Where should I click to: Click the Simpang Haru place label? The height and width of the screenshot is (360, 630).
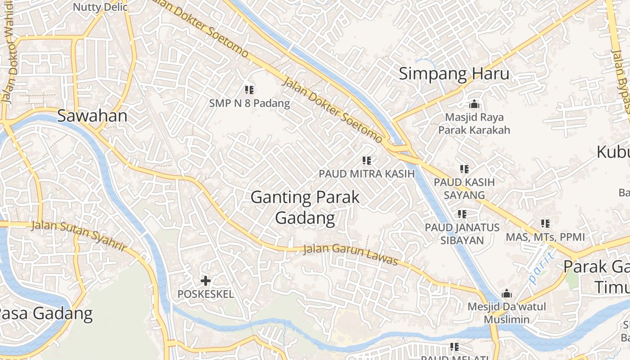click(454, 74)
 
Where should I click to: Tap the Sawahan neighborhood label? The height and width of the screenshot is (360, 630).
click(92, 116)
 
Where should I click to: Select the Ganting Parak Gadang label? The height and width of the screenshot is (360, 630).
click(305, 207)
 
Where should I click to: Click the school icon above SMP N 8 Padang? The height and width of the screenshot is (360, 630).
click(249, 90)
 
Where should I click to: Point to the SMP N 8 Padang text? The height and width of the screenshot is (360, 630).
click(249, 103)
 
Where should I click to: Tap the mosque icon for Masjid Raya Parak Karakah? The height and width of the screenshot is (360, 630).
click(474, 104)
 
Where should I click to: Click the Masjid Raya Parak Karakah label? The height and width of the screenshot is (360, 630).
click(474, 124)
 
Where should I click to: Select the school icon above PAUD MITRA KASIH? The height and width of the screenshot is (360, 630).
click(366, 161)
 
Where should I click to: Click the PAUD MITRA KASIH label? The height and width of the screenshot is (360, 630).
click(366, 174)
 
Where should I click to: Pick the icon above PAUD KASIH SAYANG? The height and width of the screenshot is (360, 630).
click(464, 169)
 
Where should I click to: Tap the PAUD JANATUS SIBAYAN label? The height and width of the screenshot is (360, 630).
click(462, 234)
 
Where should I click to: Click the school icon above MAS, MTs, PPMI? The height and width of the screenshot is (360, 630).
click(545, 224)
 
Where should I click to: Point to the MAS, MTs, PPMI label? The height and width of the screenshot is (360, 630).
click(545, 237)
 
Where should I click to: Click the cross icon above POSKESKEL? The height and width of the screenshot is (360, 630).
click(206, 281)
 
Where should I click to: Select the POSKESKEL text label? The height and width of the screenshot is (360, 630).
click(206, 294)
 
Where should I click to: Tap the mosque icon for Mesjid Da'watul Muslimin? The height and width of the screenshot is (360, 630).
click(507, 294)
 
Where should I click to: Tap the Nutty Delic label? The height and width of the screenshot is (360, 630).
click(100, 7)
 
